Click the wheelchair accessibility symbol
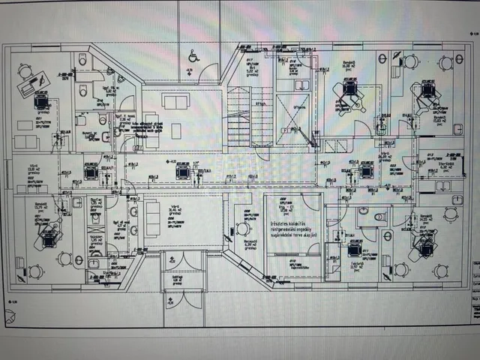coord(191,55)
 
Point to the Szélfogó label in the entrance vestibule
coord(178,279)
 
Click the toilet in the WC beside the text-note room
coord(379,216)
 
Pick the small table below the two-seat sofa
coord(176,129)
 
